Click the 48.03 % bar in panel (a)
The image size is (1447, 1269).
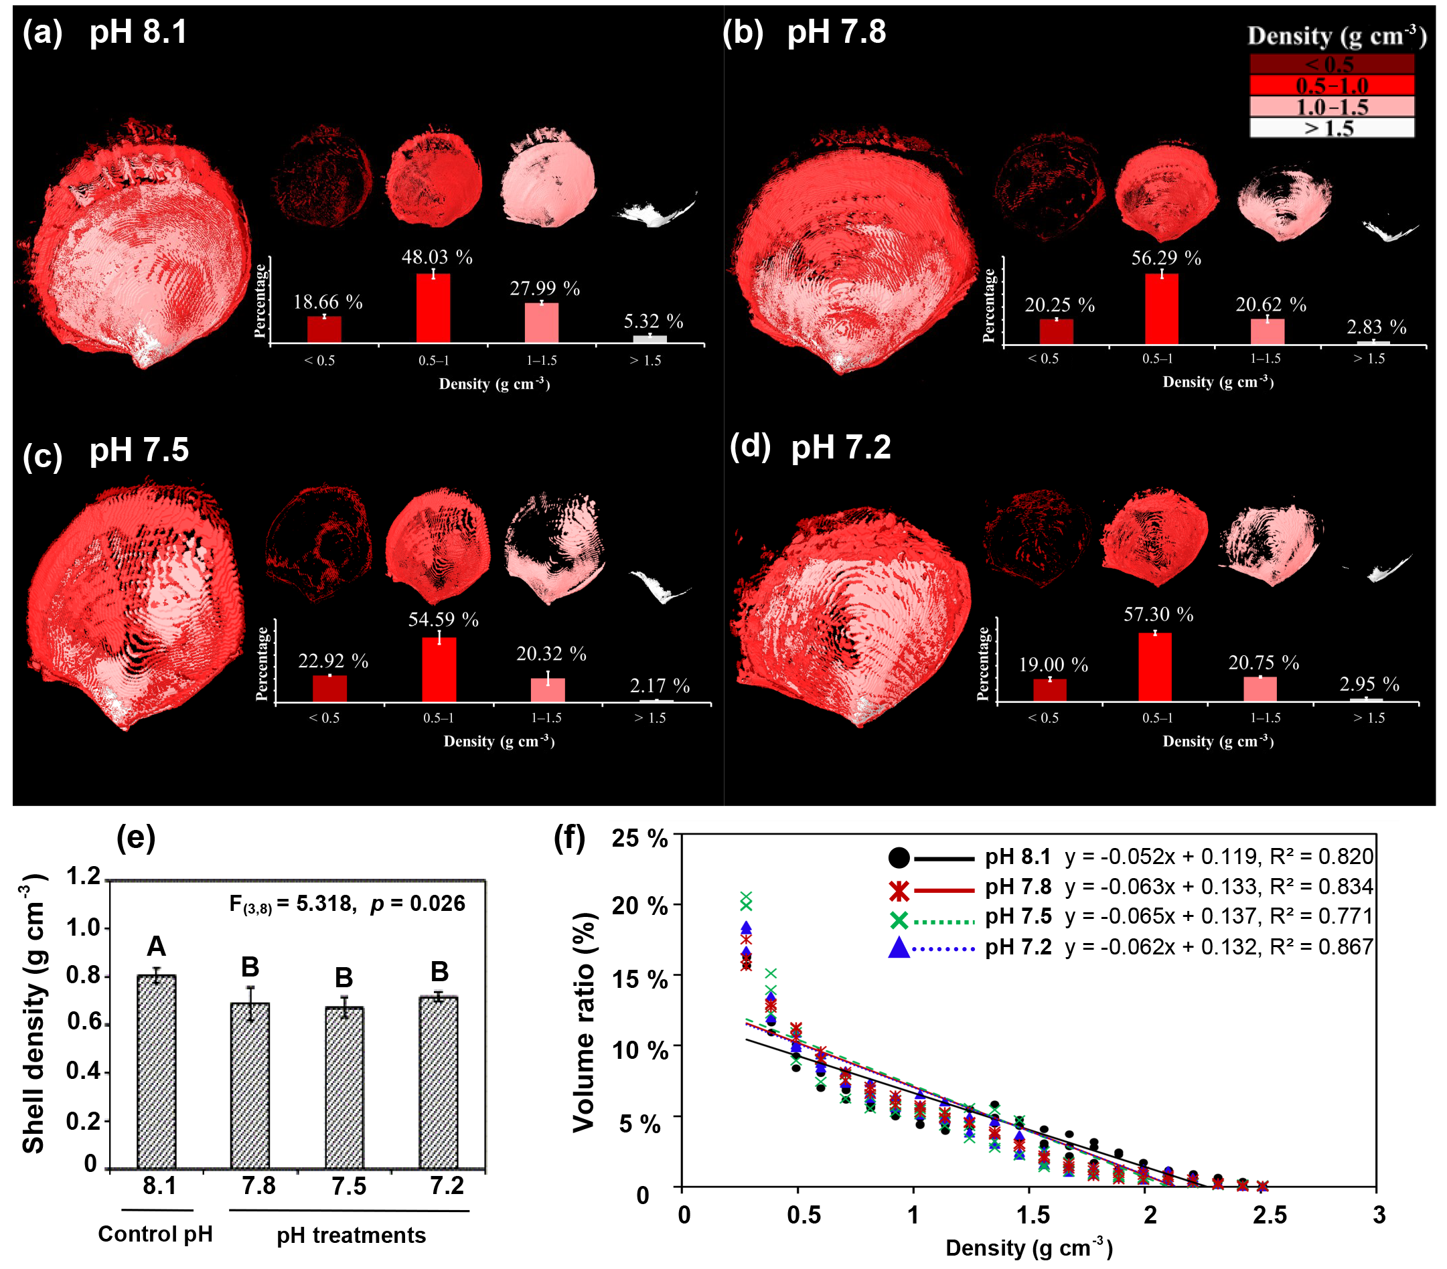pyautogui.click(x=433, y=308)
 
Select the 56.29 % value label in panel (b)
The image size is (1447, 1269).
pyautogui.click(x=1165, y=258)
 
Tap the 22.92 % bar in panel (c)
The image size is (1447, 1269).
pyautogui.click(x=330, y=688)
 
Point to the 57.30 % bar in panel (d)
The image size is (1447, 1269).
pyautogui.click(x=1154, y=667)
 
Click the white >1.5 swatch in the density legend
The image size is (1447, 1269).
pyautogui.click(x=1331, y=128)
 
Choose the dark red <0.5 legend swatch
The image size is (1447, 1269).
pyautogui.click(x=1331, y=64)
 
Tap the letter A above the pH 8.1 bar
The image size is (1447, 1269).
pyautogui.click(x=156, y=946)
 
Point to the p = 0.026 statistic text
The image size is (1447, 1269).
pyautogui.click(x=418, y=904)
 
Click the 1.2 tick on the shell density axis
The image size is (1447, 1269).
pyautogui.click(x=84, y=877)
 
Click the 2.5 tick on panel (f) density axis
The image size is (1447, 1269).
pyautogui.click(x=1269, y=1215)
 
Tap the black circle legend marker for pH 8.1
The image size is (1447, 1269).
pyautogui.click(x=899, y=858)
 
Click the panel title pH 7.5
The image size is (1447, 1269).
pyautogui.click(x=139, y=450)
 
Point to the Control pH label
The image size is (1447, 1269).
pyautogui.click(x=155, y=1234)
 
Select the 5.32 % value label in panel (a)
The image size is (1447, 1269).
pyautogui.click(x=653, y=322)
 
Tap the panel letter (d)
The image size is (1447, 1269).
pyautogui.click(x=750, y=447)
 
